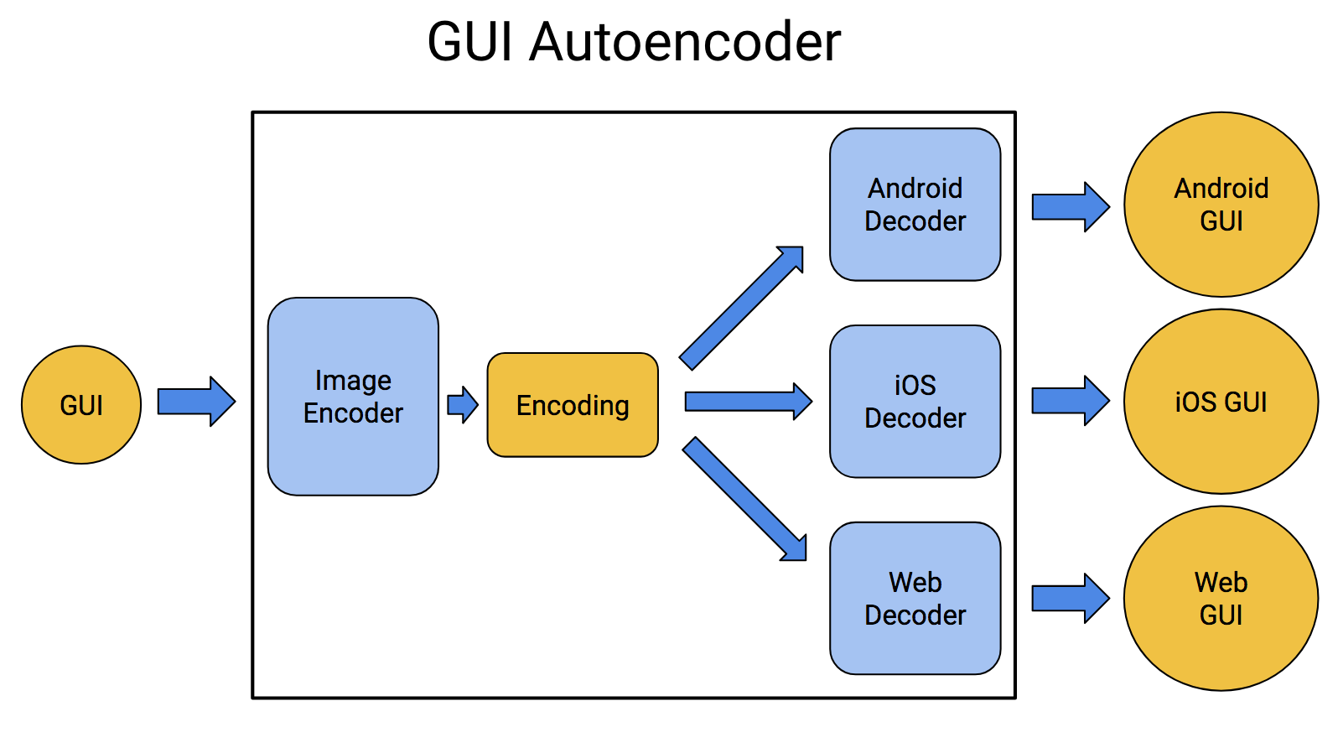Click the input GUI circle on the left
tap(81, 405)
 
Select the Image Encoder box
tap(353, 397)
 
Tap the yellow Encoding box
tap(573, 405)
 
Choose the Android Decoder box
tap(915, 205)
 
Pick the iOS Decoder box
tap(915, 402)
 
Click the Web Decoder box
tap(915, 599)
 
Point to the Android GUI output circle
tap(1221, 205)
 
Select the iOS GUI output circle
tap(1221, 402)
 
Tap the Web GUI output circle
tap(1221, 599)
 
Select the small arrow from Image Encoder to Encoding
tap(462, 405)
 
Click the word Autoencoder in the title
tap(685, 42)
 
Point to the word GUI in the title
tap(469, 42)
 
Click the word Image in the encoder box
tap(353, 381)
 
